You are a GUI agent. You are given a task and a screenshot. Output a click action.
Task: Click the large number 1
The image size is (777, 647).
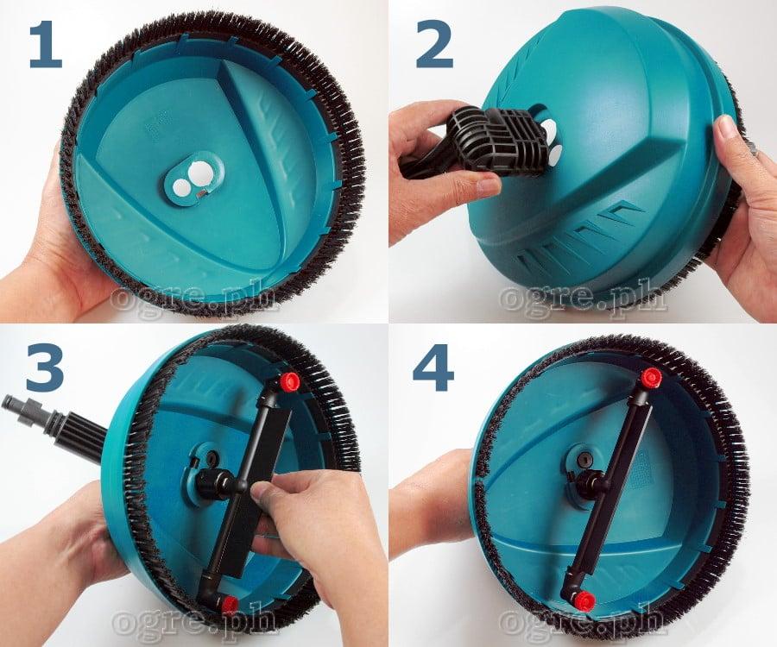coord(46,46)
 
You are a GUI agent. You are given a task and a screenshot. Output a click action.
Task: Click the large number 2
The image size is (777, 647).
coord(434,46)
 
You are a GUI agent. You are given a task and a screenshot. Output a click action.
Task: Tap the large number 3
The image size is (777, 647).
coord(45,367)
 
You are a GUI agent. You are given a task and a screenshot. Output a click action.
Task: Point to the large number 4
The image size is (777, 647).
coord(433,367)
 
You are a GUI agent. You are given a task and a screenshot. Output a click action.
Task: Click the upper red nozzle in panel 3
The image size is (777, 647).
coord(289,381)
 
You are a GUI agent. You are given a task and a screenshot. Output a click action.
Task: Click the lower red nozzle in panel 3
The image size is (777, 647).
coord(229,604)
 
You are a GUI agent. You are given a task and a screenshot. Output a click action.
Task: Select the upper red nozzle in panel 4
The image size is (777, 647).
coord(651,378)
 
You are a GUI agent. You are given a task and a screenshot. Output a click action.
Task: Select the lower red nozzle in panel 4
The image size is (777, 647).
coord(584,600)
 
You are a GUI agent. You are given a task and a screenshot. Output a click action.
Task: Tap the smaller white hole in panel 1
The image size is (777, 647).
coord(181,186)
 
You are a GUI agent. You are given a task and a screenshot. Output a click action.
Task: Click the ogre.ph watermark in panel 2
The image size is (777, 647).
coord(582,298)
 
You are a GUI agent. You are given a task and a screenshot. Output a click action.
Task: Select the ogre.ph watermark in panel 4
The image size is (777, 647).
coord(582,621)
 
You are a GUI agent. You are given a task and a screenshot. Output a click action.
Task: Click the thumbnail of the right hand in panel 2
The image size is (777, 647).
coord(727,127)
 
